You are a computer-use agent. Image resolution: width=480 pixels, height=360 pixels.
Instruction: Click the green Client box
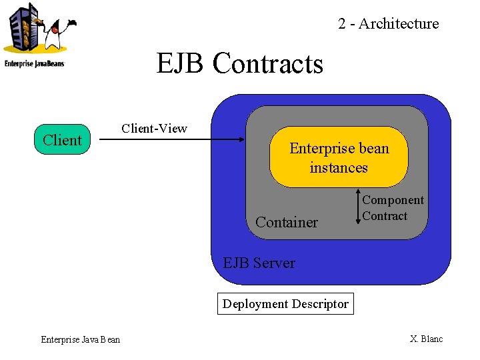pyautogui.click(x=62, y=139)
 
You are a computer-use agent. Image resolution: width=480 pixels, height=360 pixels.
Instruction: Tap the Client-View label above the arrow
pyautogui.click(x=154, y=128)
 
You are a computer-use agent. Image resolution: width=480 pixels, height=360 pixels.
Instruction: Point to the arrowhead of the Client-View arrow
pyautogui.click(x=242, y=139)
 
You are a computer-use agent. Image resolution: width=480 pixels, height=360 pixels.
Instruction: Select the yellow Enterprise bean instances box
pyautogui.click(x=339, y=157)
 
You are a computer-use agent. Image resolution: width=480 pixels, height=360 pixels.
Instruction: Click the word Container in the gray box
pyautogui.click(x=287, y=222)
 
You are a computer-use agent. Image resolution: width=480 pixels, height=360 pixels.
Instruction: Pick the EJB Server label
pyautogui.click(x=259, y=263)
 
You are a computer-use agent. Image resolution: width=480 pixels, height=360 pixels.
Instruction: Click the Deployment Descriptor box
pyautogui.click(x=285, y=304)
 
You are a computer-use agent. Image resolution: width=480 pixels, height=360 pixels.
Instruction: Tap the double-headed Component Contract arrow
pyautogui.click(x=358, y=207)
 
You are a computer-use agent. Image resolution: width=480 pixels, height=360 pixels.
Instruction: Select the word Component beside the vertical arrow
pyautogui.click(x=393, y=200)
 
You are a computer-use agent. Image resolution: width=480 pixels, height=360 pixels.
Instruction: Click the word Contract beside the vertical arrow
pyautogui.click(x=385, y=216)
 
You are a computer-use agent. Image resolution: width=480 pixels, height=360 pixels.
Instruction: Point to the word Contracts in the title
pyautogui.click(x=268, y=63)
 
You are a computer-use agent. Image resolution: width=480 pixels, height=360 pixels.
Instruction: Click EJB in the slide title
pyautogui.click(x=180, y=63)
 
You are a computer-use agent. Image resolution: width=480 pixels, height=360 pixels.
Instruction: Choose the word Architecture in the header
pyautogui.click(x=399, y=23)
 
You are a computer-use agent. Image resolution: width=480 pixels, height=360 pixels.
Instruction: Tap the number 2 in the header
pyautogui.click(x=341, y=24)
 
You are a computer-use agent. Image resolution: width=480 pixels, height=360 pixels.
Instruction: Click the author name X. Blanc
pyautogui.click(x=427, y=339)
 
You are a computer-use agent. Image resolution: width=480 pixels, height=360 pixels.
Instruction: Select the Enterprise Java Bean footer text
pyautogui.click(x=81, y=339)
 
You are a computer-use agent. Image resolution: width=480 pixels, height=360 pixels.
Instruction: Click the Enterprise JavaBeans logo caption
pyautogui.click(x=34, y=64)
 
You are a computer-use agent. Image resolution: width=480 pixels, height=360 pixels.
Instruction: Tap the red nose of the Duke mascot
pyautogui.click(x=55, y=30)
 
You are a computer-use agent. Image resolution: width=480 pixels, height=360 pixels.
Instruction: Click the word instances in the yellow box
pyautogui.click(x=339, y=168)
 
